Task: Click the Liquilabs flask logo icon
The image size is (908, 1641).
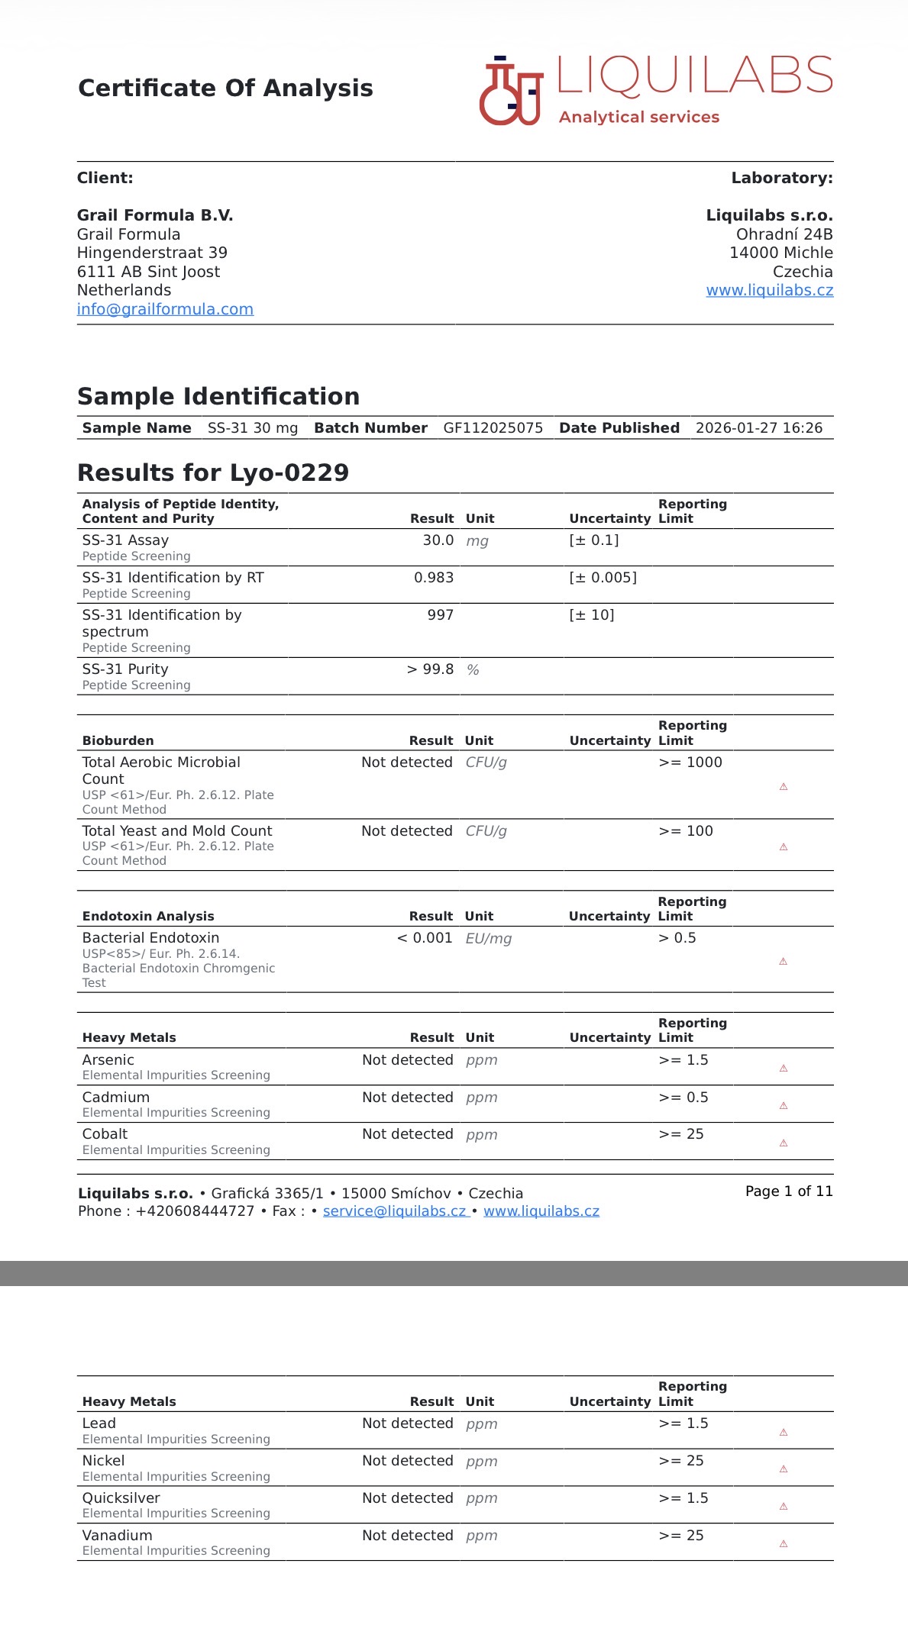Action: point(510,91)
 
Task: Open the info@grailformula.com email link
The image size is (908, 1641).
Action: point(165,309)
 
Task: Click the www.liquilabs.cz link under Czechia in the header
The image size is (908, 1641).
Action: point(769,290)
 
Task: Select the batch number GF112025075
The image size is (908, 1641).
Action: point(493,428)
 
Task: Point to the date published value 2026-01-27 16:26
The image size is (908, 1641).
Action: point(758,428)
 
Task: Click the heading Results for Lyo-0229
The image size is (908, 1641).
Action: point(213,472)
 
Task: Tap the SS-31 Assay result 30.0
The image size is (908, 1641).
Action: point(438,540)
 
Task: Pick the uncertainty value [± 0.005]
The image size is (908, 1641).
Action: point(603,578)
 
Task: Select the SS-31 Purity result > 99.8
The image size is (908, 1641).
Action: point(430,669)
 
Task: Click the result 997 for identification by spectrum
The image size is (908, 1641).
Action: point(440,615)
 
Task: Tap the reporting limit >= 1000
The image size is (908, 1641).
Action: point(690,762)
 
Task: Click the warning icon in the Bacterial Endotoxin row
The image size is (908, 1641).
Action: point(783,962)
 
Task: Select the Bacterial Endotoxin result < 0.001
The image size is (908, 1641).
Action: point(425,938)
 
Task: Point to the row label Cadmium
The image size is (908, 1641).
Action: point(116,1098)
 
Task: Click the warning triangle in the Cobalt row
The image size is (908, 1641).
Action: point(783,1143)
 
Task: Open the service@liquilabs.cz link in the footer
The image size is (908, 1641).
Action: point(394,1211)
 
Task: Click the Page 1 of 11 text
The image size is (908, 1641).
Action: point(788,1191)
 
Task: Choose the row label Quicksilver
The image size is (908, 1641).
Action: point(121,1498)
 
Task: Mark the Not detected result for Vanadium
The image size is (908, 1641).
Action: point(407,1536)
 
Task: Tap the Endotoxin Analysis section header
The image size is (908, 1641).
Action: point(148,917)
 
